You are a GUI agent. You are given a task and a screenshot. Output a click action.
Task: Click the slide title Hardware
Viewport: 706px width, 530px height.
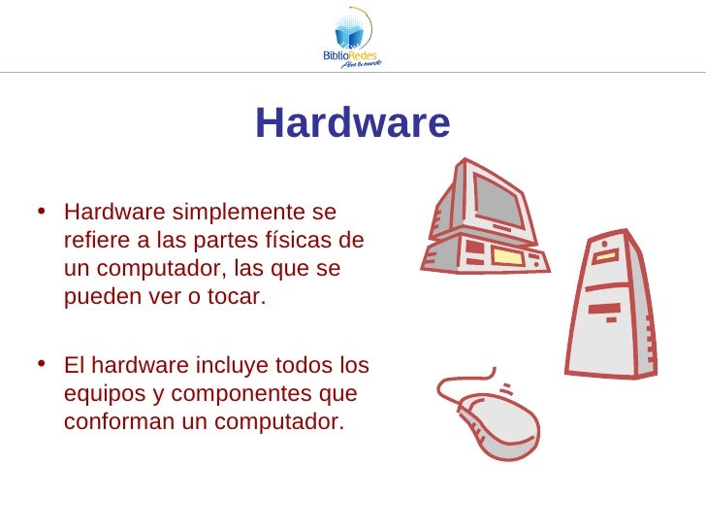coord(353,124)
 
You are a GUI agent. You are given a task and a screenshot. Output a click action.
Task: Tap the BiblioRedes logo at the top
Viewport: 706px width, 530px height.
coord(352,38)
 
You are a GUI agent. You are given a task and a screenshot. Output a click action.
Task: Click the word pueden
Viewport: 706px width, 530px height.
coord(97,296)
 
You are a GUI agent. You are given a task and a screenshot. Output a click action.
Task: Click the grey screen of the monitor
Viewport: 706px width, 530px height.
coord(497,200)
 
